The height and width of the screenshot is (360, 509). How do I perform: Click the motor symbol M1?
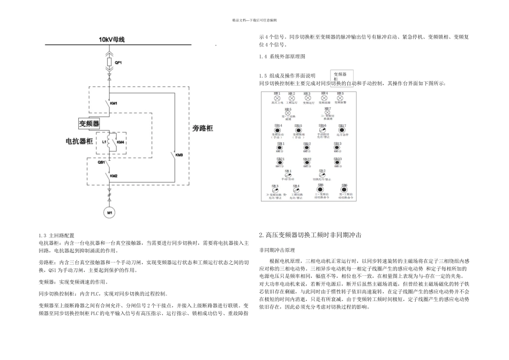click(x=110, y=212)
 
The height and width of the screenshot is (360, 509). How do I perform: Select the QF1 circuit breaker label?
click(x=118, y=63)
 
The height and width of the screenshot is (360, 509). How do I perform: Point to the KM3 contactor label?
click(x=179, y=155)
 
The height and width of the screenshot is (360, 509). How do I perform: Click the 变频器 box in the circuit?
click(x=89, y=123)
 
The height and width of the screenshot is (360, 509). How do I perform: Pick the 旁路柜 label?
click(x=203, y=129)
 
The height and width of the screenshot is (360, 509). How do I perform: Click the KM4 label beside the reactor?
click(x=121, y=142)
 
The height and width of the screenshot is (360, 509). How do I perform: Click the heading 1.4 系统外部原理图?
click(x=282, y=56)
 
